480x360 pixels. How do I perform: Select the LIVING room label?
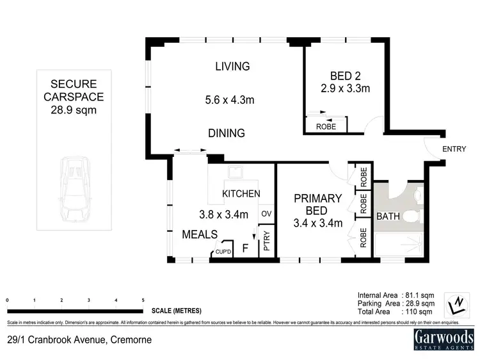(232, 66)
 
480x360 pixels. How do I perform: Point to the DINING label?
(227, 133)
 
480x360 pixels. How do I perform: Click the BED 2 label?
(345, 74)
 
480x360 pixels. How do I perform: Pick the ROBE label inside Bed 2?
(326, 126)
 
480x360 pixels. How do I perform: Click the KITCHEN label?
(241, 193)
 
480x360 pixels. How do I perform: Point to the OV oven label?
(267, 213)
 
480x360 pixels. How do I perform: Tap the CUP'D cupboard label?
(223, 252)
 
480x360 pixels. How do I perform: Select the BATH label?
(387, 217)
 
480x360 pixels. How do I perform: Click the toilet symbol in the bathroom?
(415, 217)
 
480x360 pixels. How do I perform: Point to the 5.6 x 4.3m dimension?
(227, 99)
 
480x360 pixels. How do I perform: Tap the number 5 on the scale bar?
(143, 300)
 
